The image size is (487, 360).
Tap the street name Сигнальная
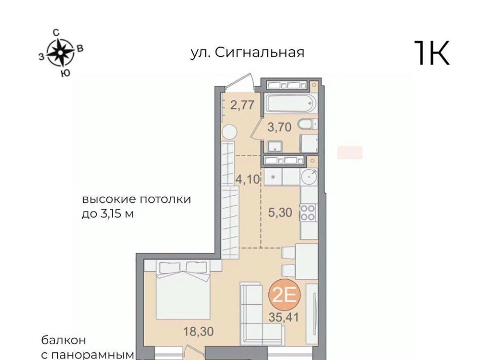point(259,52)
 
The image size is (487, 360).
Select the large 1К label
point(432,53)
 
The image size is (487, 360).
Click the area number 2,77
point(242,105)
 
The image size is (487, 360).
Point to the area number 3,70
point(280,127)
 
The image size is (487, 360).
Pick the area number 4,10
point(248,179)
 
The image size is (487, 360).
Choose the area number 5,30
point(280,212)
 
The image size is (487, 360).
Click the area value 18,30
point(198,332)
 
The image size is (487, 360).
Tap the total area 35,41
point(284,317)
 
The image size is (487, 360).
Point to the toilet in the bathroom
point(308,124)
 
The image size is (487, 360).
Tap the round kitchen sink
point(309,177)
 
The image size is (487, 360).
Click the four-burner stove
point(308,212)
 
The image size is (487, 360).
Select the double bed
point(183,290)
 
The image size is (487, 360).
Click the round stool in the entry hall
point(229,132)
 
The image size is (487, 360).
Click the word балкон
point(64,340)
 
